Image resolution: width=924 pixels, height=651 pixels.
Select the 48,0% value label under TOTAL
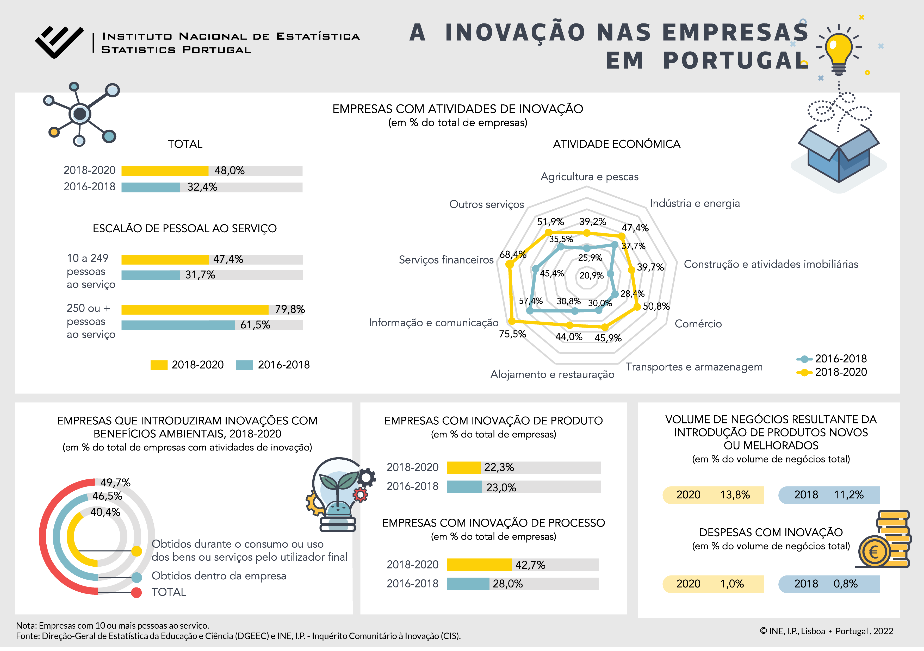[230, 171]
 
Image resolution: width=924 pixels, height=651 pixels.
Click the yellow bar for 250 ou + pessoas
[195, 309]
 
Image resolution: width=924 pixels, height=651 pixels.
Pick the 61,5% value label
[255, 325]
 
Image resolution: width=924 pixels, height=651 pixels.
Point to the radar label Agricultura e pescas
[589, 177]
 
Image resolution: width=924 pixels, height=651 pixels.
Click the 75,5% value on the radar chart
[512, 334]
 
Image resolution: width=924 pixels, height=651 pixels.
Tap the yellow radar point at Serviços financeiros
[510, 264]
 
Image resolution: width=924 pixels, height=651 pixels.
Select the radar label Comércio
[698, 324]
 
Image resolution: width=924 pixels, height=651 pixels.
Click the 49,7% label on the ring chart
[115, 483]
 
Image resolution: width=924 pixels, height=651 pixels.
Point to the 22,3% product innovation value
[499, 467]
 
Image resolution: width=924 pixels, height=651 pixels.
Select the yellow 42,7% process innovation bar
[479, 565]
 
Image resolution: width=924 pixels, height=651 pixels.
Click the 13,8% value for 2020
[735, 495]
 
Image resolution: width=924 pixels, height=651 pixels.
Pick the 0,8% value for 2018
[846, 584]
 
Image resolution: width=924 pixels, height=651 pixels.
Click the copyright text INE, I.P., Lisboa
[792, 631]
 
